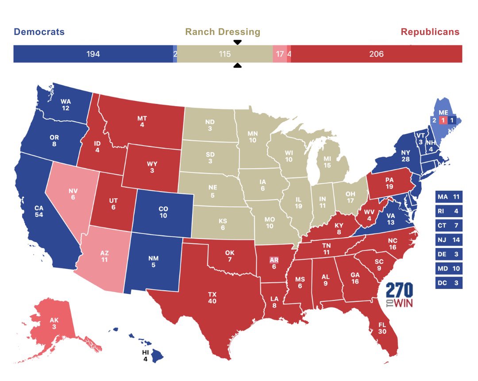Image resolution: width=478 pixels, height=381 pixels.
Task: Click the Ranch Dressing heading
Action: click(223, 32)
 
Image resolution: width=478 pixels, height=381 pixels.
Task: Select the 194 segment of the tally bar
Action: click(93, 54)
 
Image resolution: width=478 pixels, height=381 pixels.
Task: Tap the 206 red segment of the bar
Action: click(376, 54)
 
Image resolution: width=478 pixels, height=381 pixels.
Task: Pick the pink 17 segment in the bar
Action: click(280, 54)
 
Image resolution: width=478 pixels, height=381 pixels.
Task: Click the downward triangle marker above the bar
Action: click(237, 42)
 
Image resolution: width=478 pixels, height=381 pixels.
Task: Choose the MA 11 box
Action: click(449, 196)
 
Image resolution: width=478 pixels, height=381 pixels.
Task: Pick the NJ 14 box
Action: click(449, 239)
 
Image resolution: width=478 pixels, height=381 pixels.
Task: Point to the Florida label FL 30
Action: click(382, 327)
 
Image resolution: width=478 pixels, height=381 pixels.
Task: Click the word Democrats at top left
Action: click(39, 32)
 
